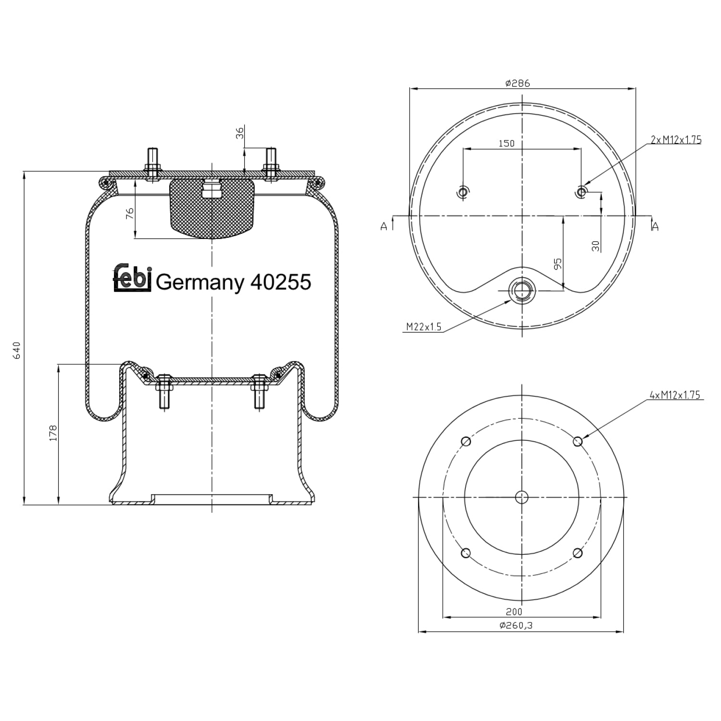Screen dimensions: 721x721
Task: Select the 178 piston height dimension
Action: point(53,433)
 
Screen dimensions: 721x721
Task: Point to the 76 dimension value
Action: point(130,214)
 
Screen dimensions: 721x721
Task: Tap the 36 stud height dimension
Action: point(240,133)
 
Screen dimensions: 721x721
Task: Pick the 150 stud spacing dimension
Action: point(506,143)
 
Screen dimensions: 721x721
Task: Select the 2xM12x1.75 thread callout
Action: point(676,140)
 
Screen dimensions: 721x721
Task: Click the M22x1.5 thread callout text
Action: point(423,327)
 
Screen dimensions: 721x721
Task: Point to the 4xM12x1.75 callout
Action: point(675,395)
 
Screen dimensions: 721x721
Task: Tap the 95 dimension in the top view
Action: point(558,264)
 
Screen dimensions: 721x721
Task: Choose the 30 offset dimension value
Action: point(596,246)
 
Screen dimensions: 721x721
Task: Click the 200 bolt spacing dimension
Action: point(514,612)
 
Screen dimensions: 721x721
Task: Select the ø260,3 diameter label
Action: point(517,625)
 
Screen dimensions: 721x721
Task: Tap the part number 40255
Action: point(281,282)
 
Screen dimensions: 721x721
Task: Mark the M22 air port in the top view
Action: point(522,290)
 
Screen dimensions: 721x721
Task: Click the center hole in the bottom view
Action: point(522,497)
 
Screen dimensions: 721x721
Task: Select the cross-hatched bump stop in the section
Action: point(211,208)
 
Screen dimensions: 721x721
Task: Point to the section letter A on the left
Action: point(384,226)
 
